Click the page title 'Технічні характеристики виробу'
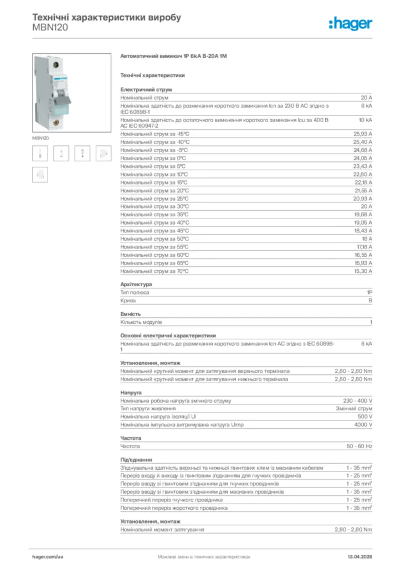point(106,17)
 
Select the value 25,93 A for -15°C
point(363,134)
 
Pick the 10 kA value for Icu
point(365,119)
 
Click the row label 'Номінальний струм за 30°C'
point(155,206)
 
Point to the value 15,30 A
point(363,271)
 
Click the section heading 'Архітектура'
point(136,285)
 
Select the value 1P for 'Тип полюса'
point(369,292)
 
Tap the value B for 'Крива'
point(370,301)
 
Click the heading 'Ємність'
point(131,314)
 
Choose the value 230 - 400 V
point(358,400)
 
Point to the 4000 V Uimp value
point(363,425)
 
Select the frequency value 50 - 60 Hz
point(359,446)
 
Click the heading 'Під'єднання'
point(136,460)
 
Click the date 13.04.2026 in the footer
point(358,556)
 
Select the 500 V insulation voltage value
point(364,417)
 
